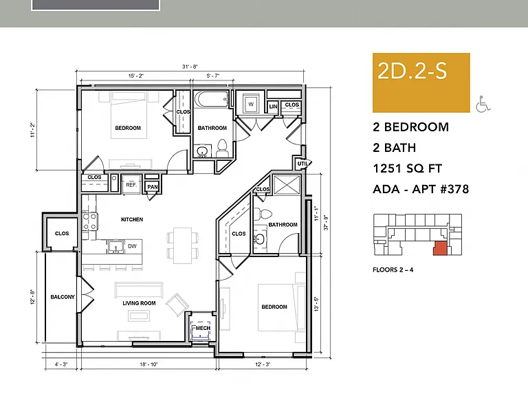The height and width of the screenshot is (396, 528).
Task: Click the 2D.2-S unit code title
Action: coord(412,71)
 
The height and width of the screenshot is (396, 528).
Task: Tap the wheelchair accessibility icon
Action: coord(483,104)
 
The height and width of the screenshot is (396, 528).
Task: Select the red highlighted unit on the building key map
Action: coord(441,248)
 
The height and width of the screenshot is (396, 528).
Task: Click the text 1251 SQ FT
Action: coord(407,168)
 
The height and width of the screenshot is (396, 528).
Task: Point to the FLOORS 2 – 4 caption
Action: coord(393,269)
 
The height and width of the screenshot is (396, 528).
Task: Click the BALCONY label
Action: coord(63,297)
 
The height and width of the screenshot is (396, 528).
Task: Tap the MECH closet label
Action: coord(203,328)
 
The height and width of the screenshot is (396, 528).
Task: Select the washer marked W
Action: coord(251,104)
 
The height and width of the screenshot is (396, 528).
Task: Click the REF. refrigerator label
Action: coord(131,185)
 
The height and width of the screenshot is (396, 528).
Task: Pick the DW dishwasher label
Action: coord(132,246)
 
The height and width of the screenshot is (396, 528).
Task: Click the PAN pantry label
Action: coord(152,187)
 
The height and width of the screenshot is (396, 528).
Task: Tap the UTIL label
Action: coord(302,164)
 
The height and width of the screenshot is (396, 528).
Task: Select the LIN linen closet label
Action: coord(273,107)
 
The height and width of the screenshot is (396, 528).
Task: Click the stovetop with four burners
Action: coord(90,221)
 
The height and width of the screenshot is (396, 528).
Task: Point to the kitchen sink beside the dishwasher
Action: coord(115,247)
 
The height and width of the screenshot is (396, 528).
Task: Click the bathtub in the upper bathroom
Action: coord(212,99)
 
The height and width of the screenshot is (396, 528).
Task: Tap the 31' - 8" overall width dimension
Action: coord(190,67)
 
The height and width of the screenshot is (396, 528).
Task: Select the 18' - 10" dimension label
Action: coord(148,364)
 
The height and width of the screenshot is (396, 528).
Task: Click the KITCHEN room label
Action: coord(132,219)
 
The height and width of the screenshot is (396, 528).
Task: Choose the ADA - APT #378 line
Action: coord(421,189)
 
